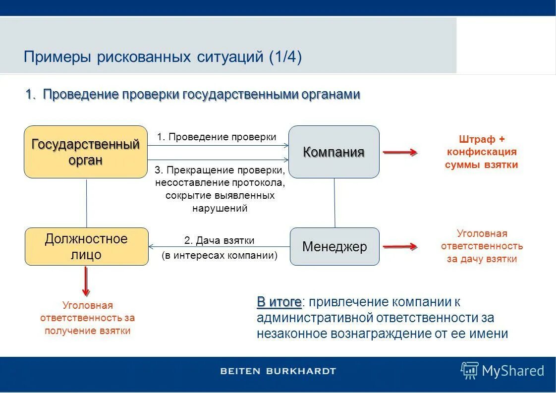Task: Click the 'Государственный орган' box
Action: pyautogui.click(x=86, y=152)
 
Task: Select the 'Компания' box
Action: pyautogui.click(x=334, y=152)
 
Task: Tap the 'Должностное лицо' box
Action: pyautogui.click(x=86, y=246)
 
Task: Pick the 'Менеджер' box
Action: pyautogui.click(x=334, y=246)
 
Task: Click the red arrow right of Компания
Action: pyautogui.click(x=399, y=153)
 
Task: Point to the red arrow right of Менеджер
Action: pyautogui.click(x=399, y=246)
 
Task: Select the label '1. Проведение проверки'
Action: pyautogui.click(x=217, y=137)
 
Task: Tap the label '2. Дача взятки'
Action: pyautogui.click(x=219, y=240)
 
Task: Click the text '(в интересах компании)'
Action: pyautogui.click(x=220, y=256)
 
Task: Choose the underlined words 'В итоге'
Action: pyautogui.click(x=278, y=302)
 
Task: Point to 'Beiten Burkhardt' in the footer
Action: pyautogui.click(x=278, y=371)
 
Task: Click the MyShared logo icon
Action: pyautogui.click(x=469, y=370)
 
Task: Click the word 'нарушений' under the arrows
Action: pyautogui.click(x=220, y=208)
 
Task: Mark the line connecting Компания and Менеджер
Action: pyautogui.click(x=334, y=203)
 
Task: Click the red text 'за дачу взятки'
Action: pyautogui.click(x=482, y=259)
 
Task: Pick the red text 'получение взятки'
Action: pyautogui.click(x=87, y=331)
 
